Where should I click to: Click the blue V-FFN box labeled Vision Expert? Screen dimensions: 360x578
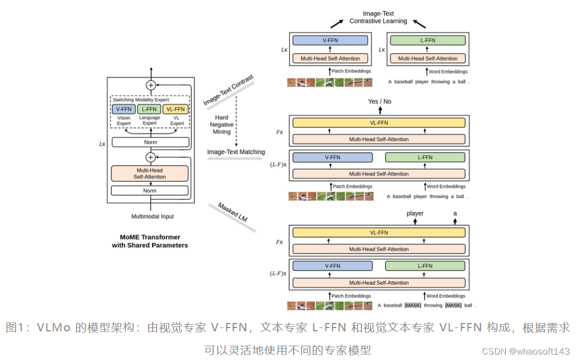coord(123,109)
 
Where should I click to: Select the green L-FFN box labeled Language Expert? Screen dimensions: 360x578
coord(149,109)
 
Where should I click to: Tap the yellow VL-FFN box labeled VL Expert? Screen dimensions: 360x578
coord(176,109)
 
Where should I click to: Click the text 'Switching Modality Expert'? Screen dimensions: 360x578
coord(141,100)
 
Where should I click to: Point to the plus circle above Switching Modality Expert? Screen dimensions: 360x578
coord(150,85)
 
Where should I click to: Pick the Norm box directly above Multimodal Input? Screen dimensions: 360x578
coord(150,191)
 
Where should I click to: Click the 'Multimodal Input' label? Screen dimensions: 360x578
coord(152,217)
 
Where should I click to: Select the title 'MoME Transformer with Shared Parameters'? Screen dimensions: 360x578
coord(150,241)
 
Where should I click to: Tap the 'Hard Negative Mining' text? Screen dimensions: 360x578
coord(223,125)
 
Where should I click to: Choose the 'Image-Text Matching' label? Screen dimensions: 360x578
coord(236,152)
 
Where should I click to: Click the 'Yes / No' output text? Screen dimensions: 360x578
coord(380,102)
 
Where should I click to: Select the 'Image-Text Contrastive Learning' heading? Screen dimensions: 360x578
coord(378,18)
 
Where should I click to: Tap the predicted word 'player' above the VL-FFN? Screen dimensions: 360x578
coord(415,213)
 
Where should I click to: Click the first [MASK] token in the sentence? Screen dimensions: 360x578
coord(412,305)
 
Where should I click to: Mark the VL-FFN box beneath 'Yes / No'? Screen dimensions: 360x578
coord(379,123)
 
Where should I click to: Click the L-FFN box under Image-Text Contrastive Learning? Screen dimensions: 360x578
coord(428,40)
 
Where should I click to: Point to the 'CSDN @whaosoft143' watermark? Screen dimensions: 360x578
coord(525,351)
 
